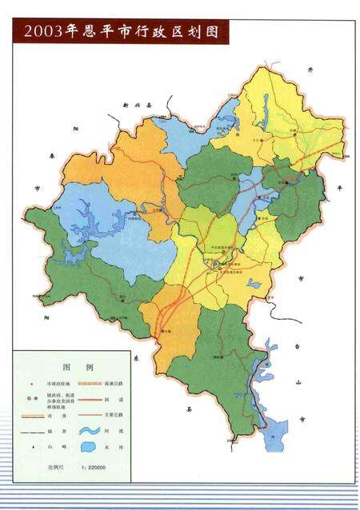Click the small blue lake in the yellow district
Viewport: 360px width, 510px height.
(x=254, y=282)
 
